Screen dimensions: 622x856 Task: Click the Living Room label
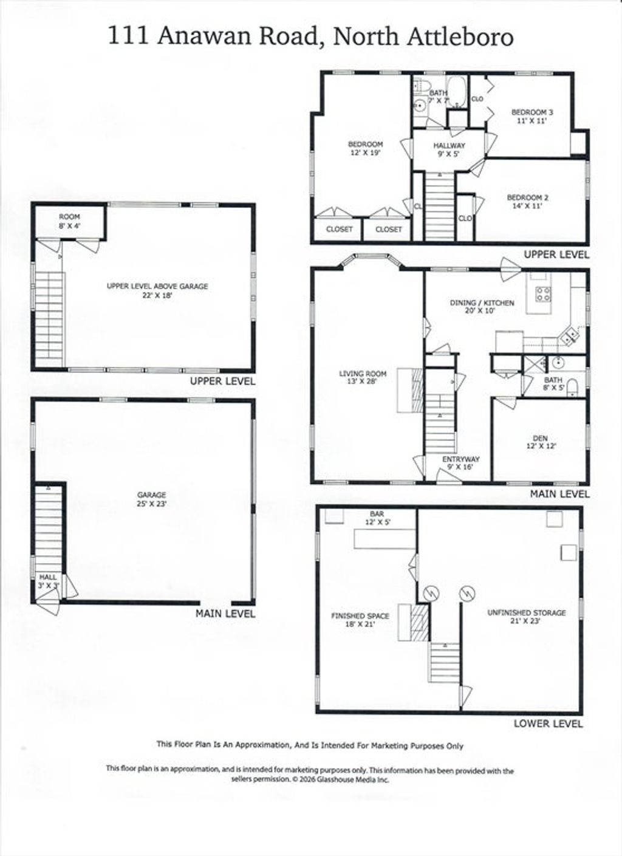point(363,377)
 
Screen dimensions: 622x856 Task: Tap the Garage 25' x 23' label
point(152,499)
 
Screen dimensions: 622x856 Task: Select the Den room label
point(540,442)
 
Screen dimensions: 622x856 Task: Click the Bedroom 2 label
point(528,202)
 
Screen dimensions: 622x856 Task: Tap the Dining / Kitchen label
point(482,306)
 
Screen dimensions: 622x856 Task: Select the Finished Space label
point(360,620)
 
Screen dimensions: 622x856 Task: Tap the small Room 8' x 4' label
point(69,221)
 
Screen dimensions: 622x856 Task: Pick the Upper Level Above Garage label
point(157,290)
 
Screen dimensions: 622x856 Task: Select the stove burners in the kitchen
point(543,293)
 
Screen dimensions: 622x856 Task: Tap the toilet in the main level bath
point(572,388)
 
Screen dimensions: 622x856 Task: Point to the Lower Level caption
point(549,723)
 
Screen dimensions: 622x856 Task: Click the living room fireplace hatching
point(417,390)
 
